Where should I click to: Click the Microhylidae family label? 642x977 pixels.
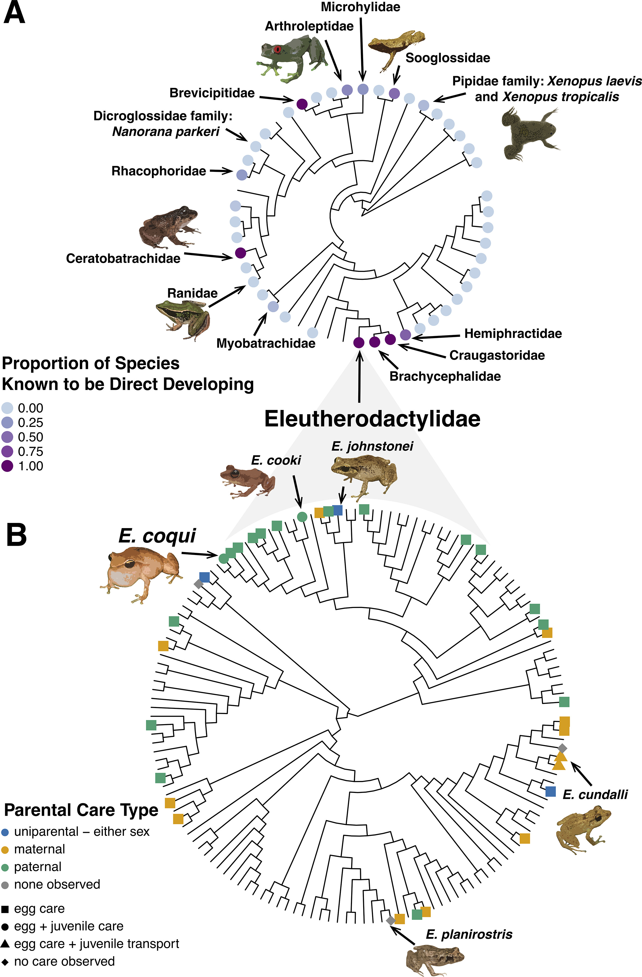point(360,7)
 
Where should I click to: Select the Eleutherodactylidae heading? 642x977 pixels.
point(372,419)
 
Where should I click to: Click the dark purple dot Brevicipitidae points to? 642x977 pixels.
point(302,104)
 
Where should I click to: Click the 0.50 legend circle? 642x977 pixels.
point(7,437)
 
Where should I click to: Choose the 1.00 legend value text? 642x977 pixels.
point(30,466)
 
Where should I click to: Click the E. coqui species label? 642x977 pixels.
point(157,536)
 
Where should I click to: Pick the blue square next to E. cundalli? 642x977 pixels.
point(550,792)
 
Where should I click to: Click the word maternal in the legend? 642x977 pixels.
point(39,849)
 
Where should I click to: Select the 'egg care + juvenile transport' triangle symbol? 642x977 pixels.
point(5,944)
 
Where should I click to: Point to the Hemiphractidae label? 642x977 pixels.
point(513,333)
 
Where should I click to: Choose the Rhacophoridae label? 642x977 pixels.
point(159,171)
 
